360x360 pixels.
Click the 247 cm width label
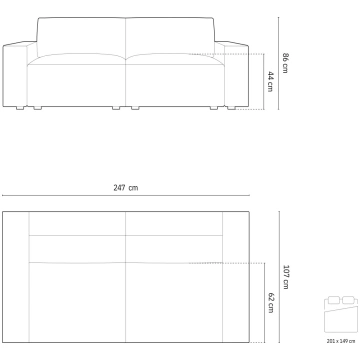pos(125,188)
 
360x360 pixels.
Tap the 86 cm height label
pos(285,63)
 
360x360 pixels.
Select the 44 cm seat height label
pos(270,82)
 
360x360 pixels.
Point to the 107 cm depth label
pos(286,277)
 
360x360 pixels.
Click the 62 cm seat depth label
pos(271,303)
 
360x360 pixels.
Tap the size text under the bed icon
pos(341,341)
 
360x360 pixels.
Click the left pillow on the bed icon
pos(334,300)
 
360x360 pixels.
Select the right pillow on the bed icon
pos(348,300)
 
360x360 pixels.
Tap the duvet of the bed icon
pos(341,319)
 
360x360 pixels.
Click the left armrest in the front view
pos(15,75)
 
